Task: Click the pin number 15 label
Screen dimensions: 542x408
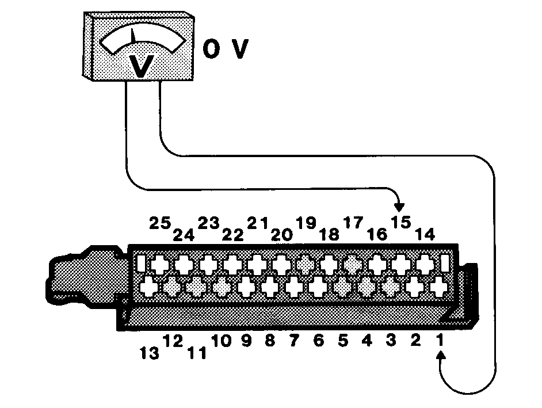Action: click(x=401, y=222)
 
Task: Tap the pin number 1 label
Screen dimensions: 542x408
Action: click(x=440, y=340)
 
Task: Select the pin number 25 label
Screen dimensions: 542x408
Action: click(x=160, y=223)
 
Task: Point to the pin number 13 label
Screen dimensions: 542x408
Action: click(x=150, y=353)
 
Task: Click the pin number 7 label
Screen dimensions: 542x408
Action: click(x=294, y=341)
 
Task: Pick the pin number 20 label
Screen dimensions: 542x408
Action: click(x=282, y=235)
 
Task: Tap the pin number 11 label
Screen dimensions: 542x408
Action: click(x=197, y=353)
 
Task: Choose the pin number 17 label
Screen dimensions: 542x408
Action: click(x=353, y=223)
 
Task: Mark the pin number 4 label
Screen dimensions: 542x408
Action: click(x=367, y=341)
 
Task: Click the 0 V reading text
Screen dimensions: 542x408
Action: click(x=226, y=49)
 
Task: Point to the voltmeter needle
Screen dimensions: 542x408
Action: click(x=133, y=36)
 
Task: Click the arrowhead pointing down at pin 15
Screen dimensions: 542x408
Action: click(x=399, y=207)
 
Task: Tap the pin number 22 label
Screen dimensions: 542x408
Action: click(x=233, y=235)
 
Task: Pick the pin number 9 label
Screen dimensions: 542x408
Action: click(x=246, y=341)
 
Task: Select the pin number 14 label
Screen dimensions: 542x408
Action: click(x=425, y=235)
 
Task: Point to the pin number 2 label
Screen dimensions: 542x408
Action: click(x=415, y=341)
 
